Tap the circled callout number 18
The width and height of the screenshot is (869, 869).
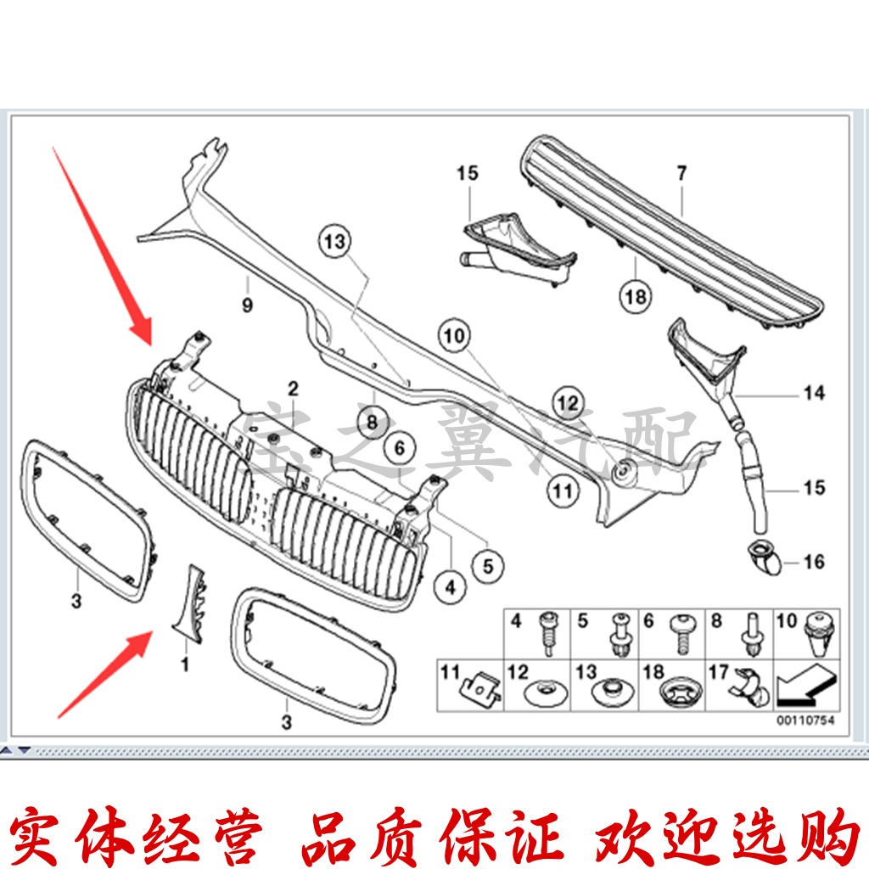pyautogui.click(x=636, y=297)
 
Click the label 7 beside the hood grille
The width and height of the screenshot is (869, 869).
pyautogui.click(x=681, y=173)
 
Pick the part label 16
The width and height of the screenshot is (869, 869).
pyautogui.click(x=814, y=562)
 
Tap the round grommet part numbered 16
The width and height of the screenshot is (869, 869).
pyautogui.click(x=762, y=557)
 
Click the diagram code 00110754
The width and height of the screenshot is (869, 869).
pyautogui.click(x=805, y=721)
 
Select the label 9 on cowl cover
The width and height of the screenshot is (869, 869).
pyautogui.click(x=247, y=306)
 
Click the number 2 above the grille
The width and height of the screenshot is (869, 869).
pyautogui.click(x=292, y=389)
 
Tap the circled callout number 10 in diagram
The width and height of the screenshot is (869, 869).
pyautogui.click(x=454, y=335)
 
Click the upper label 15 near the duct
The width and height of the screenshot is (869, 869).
pyautogui.click(x=467, y=173)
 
